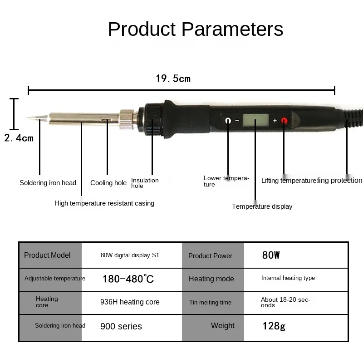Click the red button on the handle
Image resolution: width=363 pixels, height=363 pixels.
(x=285, y=121)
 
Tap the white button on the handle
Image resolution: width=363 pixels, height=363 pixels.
(x=228, y=121)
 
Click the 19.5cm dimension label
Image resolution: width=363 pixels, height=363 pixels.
(x=173, y=79)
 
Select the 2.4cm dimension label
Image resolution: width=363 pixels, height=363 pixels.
(x=19, y=138)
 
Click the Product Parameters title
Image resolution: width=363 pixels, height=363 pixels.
(x=196, y=29)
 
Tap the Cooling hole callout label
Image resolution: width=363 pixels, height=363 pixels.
(x=108, y=183)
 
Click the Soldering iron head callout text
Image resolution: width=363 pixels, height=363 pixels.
(x=48, y=183)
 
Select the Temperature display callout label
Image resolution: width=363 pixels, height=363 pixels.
(x=262, y=206)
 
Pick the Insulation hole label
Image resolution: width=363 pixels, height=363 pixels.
(x=145, y=183)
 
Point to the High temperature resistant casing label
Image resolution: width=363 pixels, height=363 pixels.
(x=104, y=203)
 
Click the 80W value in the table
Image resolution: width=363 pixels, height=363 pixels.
(x=271, y=255)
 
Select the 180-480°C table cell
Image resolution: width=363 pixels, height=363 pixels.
(x=128, y=279)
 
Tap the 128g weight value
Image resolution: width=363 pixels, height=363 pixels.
(x=274, y=326)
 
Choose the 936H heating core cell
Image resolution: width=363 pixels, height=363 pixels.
(x=130, y=302)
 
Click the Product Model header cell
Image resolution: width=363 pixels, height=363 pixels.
(x=47, y=255)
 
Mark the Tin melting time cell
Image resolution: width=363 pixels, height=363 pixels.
(x=210, y=303)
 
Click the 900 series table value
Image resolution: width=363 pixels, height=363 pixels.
(x=121, y=326)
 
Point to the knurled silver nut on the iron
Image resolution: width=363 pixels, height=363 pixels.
(x=126, y=119)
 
